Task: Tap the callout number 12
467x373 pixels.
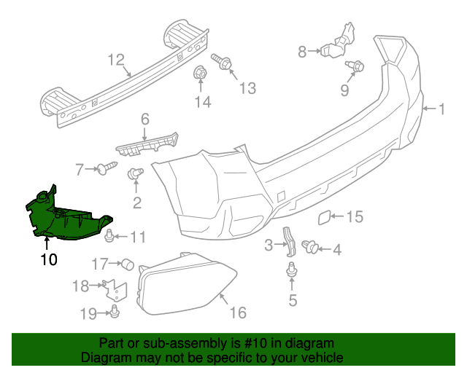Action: click(x=116, y=60)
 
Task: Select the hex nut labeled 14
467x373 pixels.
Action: click(x=200, y=73)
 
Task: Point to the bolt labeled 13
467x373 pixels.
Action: click(x=222, y=62)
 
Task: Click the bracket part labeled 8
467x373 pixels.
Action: click(x=339, y=41)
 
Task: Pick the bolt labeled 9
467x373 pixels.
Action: click(x=355, y=66)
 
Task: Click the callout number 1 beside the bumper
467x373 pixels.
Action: click(x=442, y=109)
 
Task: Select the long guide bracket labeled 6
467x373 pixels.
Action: click(x=147, y=144)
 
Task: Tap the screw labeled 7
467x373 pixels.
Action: click(x=107, y=168)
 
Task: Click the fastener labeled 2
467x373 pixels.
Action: click(x=135, y=173)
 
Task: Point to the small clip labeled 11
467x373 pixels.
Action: click(x=109, y=235)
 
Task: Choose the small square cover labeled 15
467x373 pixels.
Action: click(x=324, y=217)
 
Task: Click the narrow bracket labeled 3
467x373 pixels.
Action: click(x=290, y=242)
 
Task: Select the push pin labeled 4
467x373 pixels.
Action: click(x=310, y=246)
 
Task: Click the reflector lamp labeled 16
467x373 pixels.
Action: click(x=186, y=284)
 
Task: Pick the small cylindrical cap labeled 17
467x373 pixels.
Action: click(x=128, y=264)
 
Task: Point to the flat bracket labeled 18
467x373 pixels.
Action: click(x=115, y=291)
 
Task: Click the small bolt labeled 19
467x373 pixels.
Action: click(x=115, y=311)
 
